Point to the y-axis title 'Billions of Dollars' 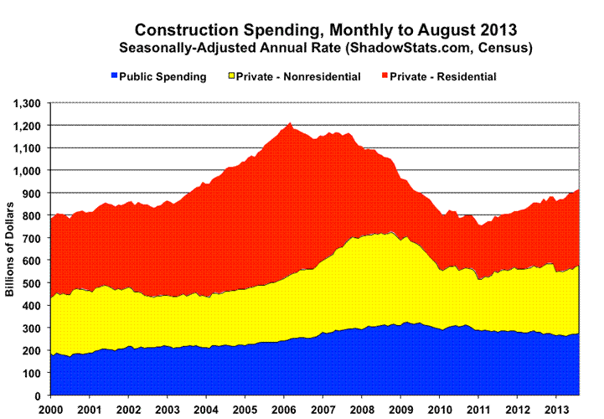(x=10, y=250)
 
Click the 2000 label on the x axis (x=50, y=408)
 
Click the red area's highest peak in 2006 (x=290, y=124)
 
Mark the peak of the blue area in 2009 (x=406, y=322)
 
